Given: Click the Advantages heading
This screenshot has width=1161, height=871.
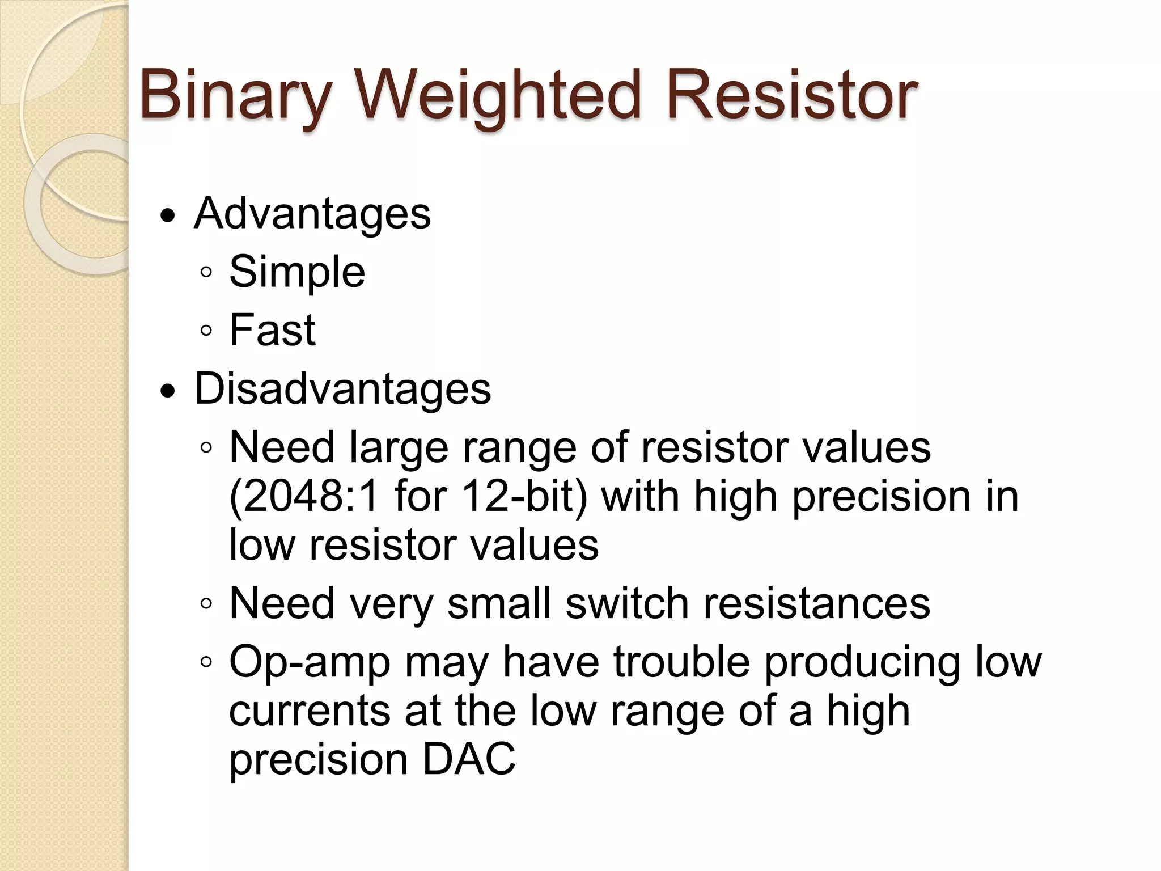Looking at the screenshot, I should pyautogui.click(x=312, y=214).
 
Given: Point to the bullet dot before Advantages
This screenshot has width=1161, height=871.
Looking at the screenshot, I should pyautogui.click(x=168, y=217).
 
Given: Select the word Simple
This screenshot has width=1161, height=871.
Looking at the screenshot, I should pyautogui.click(x=297, y=272).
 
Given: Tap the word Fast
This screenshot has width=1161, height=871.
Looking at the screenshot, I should pyautogui.click(x=272, y=330).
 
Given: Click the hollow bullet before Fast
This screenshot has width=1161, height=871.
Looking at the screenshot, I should pyautogui.click(x=206, y=331).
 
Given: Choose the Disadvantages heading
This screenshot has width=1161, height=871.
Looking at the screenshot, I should pyautogui.click(x=342, y=390).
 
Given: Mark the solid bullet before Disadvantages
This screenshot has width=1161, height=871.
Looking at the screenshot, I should pyautogui.click(x=168, y=391).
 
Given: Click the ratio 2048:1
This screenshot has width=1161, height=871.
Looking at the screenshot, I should pyautogui.click(x=303, y=496).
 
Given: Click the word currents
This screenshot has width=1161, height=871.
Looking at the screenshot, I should pyautogui.click(x=310, y=711).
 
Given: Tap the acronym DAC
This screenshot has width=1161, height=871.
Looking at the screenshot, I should pyautogui.click(x=469, y=759).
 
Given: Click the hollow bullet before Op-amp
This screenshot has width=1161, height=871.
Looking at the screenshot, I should pyautogui.click(x=206, y=662).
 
